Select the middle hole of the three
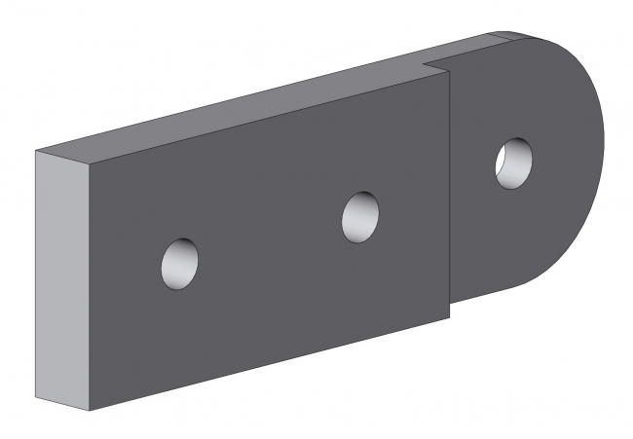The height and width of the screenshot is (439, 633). [361, 215]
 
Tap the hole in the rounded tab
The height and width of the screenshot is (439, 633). [513, 162]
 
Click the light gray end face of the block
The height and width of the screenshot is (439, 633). [60, 282]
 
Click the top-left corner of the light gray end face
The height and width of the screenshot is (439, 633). [36, 152]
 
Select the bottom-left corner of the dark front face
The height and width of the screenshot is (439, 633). [89, 413]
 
